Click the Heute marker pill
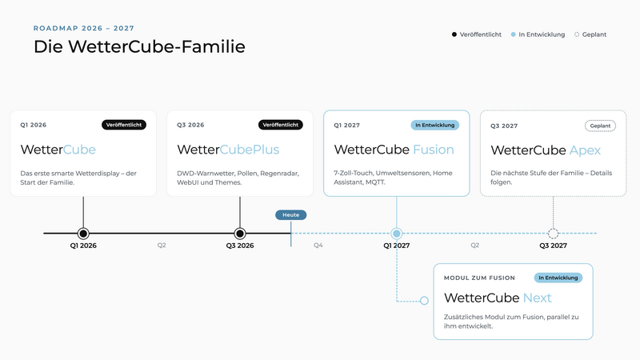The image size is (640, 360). point(290,214)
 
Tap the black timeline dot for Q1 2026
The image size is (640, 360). point(83,234)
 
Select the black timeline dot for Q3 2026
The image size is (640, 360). point(240,234)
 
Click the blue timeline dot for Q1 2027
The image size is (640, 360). point(396,234)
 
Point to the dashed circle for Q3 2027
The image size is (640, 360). point(553,234)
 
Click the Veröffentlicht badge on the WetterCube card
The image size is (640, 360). point(124,125)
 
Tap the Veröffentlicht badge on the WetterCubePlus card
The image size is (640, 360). point(281,125)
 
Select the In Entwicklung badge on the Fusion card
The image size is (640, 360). point(434,126)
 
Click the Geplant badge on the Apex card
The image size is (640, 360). point(600,126)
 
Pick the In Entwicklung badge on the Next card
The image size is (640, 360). point(558,278)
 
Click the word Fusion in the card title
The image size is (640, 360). point(434,150)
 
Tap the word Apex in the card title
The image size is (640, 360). point(585,150)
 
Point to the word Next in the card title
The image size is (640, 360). point(537,298)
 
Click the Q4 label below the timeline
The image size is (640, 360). point(318,246)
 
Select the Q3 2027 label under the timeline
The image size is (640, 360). point(553,246)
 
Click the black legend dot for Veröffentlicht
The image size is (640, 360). point(454,34)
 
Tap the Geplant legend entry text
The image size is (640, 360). point(594,34)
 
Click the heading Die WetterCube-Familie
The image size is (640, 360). point(139,46)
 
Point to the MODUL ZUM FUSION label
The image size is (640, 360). point(479,278)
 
